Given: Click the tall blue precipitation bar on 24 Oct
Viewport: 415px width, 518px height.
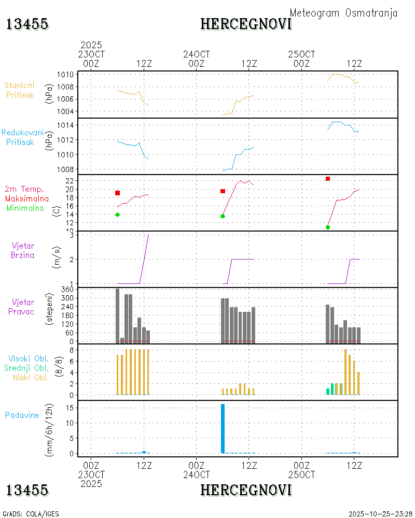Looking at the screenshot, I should [223, 428].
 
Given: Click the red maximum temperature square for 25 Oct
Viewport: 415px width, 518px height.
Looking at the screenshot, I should [328, 179].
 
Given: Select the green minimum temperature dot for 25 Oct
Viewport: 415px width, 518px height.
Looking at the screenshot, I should [328, 227].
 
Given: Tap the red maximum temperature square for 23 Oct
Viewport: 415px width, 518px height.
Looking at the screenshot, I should [118, 193].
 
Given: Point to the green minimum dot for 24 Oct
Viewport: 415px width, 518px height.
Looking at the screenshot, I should [223, 216].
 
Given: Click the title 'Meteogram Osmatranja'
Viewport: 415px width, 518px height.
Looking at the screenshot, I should [343, 13].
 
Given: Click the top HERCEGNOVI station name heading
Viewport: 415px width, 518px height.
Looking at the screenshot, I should [246, 24].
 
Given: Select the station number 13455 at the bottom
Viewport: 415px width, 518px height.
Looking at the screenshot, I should [27, 490].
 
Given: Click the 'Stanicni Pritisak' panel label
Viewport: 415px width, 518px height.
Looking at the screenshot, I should [20, 90].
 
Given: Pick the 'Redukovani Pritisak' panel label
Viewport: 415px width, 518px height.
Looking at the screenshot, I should [23, 137].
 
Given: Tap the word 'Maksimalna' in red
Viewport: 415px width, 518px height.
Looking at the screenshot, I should [27, 199].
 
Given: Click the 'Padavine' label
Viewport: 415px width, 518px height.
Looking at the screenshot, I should [22, 415].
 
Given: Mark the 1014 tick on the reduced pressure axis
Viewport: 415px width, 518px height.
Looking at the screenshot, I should [65, 125].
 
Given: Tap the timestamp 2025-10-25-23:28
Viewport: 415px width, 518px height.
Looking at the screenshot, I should [380, 514].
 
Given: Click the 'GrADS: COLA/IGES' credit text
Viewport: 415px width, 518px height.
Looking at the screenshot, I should [31, 514].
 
